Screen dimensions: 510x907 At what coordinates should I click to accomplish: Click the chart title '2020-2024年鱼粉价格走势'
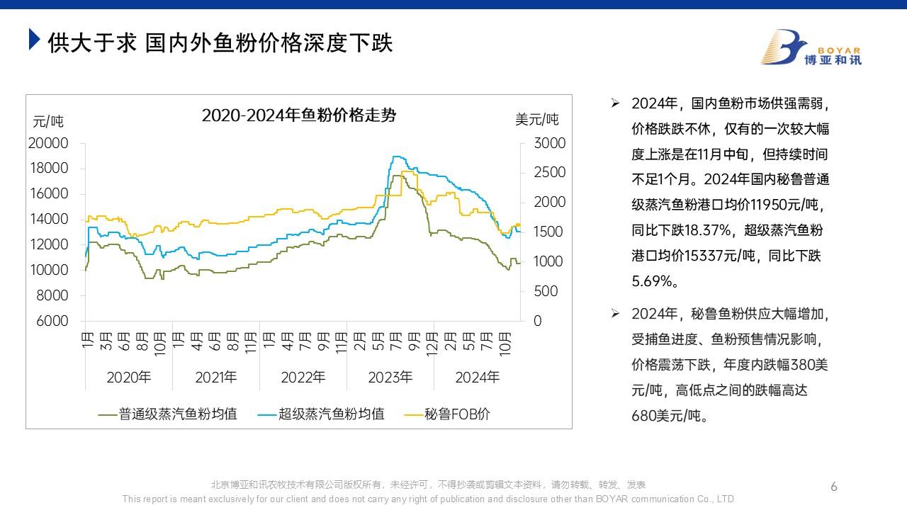tap(298, 115)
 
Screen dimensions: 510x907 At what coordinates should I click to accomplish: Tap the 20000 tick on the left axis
tap(48, 143)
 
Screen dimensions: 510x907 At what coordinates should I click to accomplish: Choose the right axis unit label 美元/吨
tap(536, 120)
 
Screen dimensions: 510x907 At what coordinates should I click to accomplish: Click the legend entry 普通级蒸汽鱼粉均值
tap(178, 414)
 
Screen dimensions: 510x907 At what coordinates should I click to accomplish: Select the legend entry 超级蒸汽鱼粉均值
tap(331, 414)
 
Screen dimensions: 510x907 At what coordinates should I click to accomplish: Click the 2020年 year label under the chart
tap(128, 377)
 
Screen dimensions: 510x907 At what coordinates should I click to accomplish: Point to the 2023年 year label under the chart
tap(390, 377)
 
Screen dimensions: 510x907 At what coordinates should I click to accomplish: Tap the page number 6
tap(834, 487)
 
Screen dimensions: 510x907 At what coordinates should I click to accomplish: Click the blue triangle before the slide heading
tap(33, 40)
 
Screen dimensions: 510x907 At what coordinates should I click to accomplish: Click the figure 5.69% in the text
tap(655, 281)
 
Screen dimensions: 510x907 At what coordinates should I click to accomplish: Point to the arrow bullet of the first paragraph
tap(615, 103)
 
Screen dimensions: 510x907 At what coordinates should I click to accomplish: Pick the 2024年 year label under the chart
tap(477, 377)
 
